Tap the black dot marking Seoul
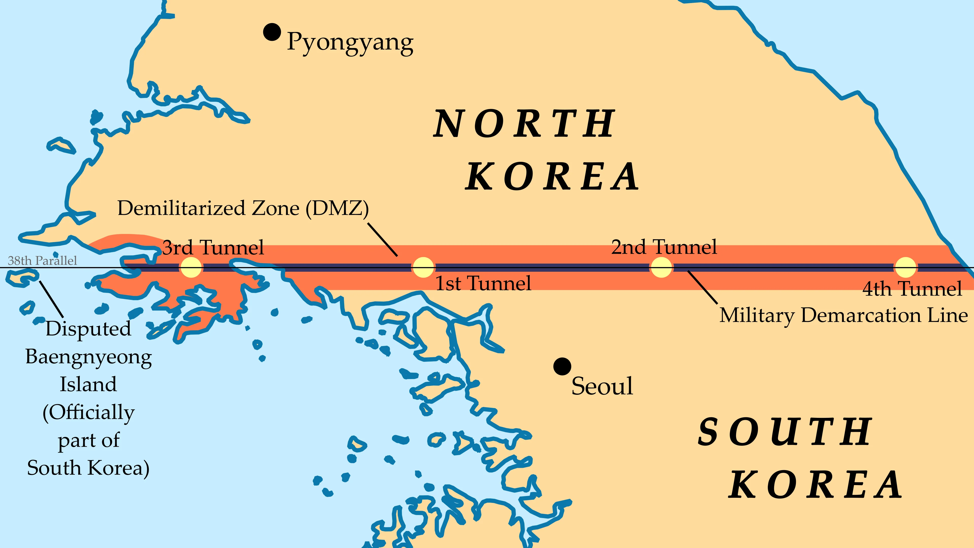[562, 366]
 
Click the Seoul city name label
[602, 386]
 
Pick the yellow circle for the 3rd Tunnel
[190, 267]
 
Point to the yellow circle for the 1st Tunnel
[423, 267]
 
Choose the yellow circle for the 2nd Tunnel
[661, 267]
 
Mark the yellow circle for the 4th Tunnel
[905, 267]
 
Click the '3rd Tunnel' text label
[213, 248]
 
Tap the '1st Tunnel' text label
[483, 283]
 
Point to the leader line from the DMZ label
[383, 239]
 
